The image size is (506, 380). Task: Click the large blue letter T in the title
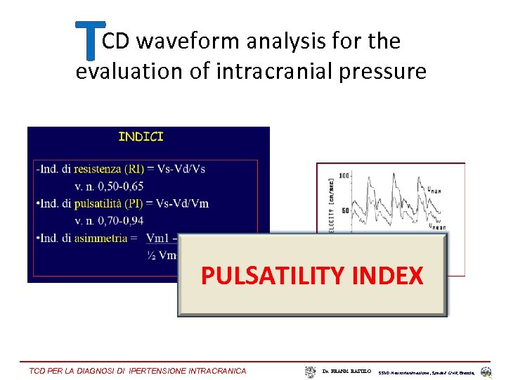[x=89, y=39]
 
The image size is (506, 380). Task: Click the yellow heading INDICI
[x=141, y=137]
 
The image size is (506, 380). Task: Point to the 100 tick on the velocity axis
[x=344, y=175]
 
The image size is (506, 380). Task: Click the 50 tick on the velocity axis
[x=346, y=210]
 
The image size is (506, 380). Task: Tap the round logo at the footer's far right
[x=486, y=371]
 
